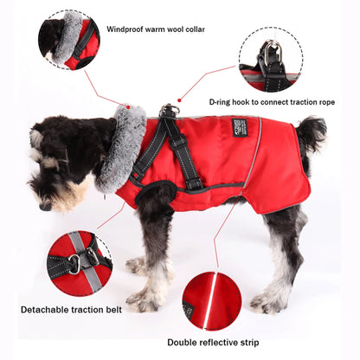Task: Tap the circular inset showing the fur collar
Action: coord(68,39)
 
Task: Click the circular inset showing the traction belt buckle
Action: coord(79,263)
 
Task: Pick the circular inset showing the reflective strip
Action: coord(212,300)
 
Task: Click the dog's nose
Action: coord(42,206)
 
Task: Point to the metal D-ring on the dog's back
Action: coord(170,111)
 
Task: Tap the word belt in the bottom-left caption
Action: coord(111,309)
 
